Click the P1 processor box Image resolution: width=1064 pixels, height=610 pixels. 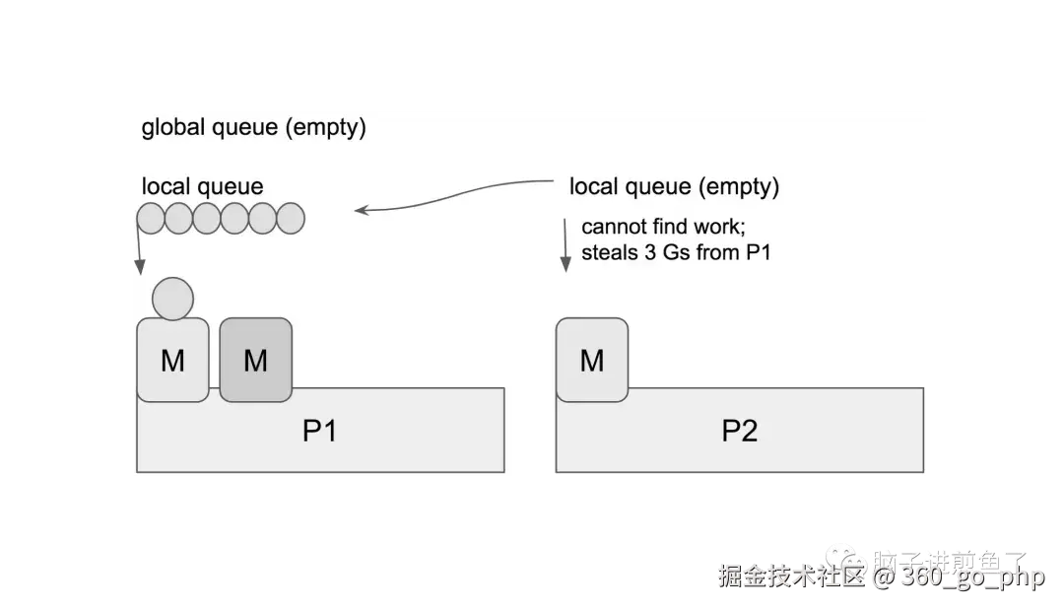click(320, 432)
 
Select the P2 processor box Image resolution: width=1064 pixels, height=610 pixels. click(739, 432)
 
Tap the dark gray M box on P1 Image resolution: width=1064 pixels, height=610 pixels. click(255, 360)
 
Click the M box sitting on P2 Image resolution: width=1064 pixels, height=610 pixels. click(592, 360)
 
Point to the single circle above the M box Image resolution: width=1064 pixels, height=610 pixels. click(172, 299)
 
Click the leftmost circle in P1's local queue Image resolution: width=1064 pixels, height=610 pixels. click(151, 218)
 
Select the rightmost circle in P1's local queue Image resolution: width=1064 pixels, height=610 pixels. click(291, 218)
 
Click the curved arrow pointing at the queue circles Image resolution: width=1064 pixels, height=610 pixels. click(453, 196)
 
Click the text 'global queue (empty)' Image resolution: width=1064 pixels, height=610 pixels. click(254, 127)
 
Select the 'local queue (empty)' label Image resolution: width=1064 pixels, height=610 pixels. click(674, 186)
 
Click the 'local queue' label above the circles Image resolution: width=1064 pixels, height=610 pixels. click(203, 186)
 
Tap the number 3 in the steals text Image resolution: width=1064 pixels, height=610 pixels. click(650, 252)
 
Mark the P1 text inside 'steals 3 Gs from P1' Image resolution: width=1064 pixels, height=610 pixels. click(758, 252)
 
